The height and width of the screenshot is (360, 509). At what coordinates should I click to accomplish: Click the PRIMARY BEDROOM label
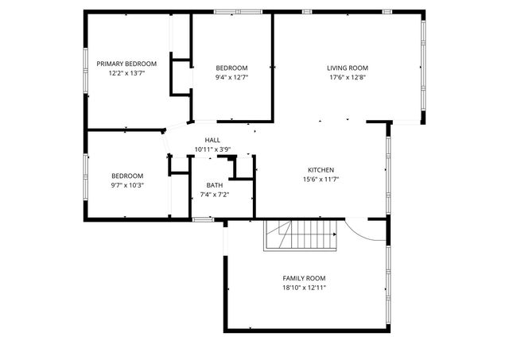coord(126,64)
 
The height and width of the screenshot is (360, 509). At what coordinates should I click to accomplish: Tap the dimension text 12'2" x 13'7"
coord(126,72)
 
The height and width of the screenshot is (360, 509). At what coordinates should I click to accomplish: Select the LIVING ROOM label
coord(348,68)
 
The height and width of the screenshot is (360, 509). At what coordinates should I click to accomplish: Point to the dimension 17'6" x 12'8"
coord(348,77)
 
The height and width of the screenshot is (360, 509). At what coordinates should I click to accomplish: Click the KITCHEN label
coord(321,169)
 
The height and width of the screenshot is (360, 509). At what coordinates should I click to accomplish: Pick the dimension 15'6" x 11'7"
coord(321,179)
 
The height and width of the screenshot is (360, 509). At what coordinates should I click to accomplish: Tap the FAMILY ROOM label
coord(304,278)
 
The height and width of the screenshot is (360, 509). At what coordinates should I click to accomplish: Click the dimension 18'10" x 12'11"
coord(304,288)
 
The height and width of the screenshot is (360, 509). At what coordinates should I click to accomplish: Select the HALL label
coord(212,141)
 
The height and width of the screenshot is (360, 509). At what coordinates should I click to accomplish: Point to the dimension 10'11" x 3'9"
coord(212,149)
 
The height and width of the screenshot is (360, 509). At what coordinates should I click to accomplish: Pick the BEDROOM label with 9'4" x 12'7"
coord(231,68)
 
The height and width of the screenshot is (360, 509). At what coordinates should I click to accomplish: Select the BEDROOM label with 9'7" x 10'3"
coord(127,176)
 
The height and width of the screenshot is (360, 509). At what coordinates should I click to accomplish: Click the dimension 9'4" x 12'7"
coord(231,77)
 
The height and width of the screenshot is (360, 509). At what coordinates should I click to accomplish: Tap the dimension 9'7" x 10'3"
coord(127,185)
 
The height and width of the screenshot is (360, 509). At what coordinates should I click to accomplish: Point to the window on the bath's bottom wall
coord(203,219)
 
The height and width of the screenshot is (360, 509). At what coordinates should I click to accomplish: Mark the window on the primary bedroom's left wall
coord(86,70)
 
